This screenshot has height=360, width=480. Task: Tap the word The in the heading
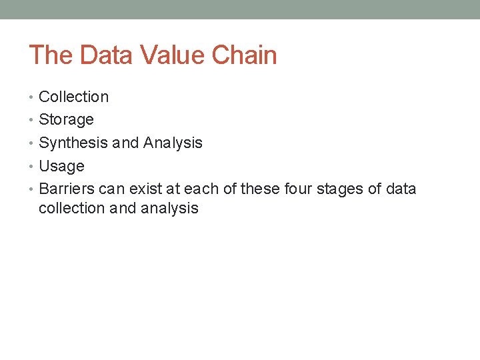[50, 55]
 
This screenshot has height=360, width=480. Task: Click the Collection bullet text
[73, 97]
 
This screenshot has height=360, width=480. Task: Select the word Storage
[66, 120]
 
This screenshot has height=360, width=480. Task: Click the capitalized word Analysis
[173, 143]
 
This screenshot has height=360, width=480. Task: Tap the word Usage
[61, 167]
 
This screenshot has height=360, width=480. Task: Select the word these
[261, 189]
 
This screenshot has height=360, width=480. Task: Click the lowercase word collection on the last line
[71, 208]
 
